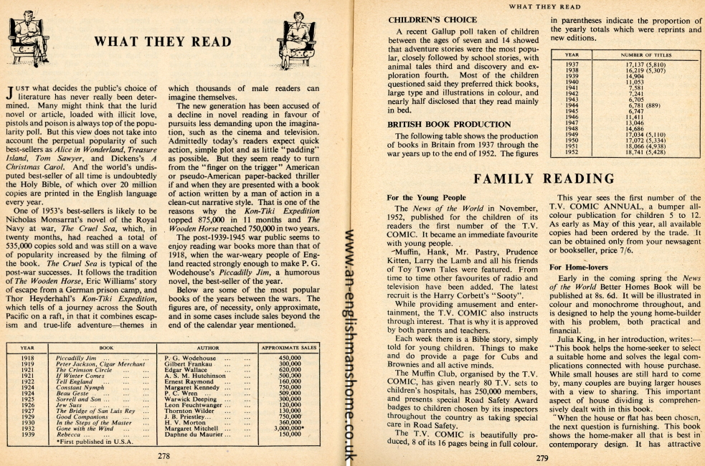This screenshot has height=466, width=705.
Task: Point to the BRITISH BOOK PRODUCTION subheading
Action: point(440,123)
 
